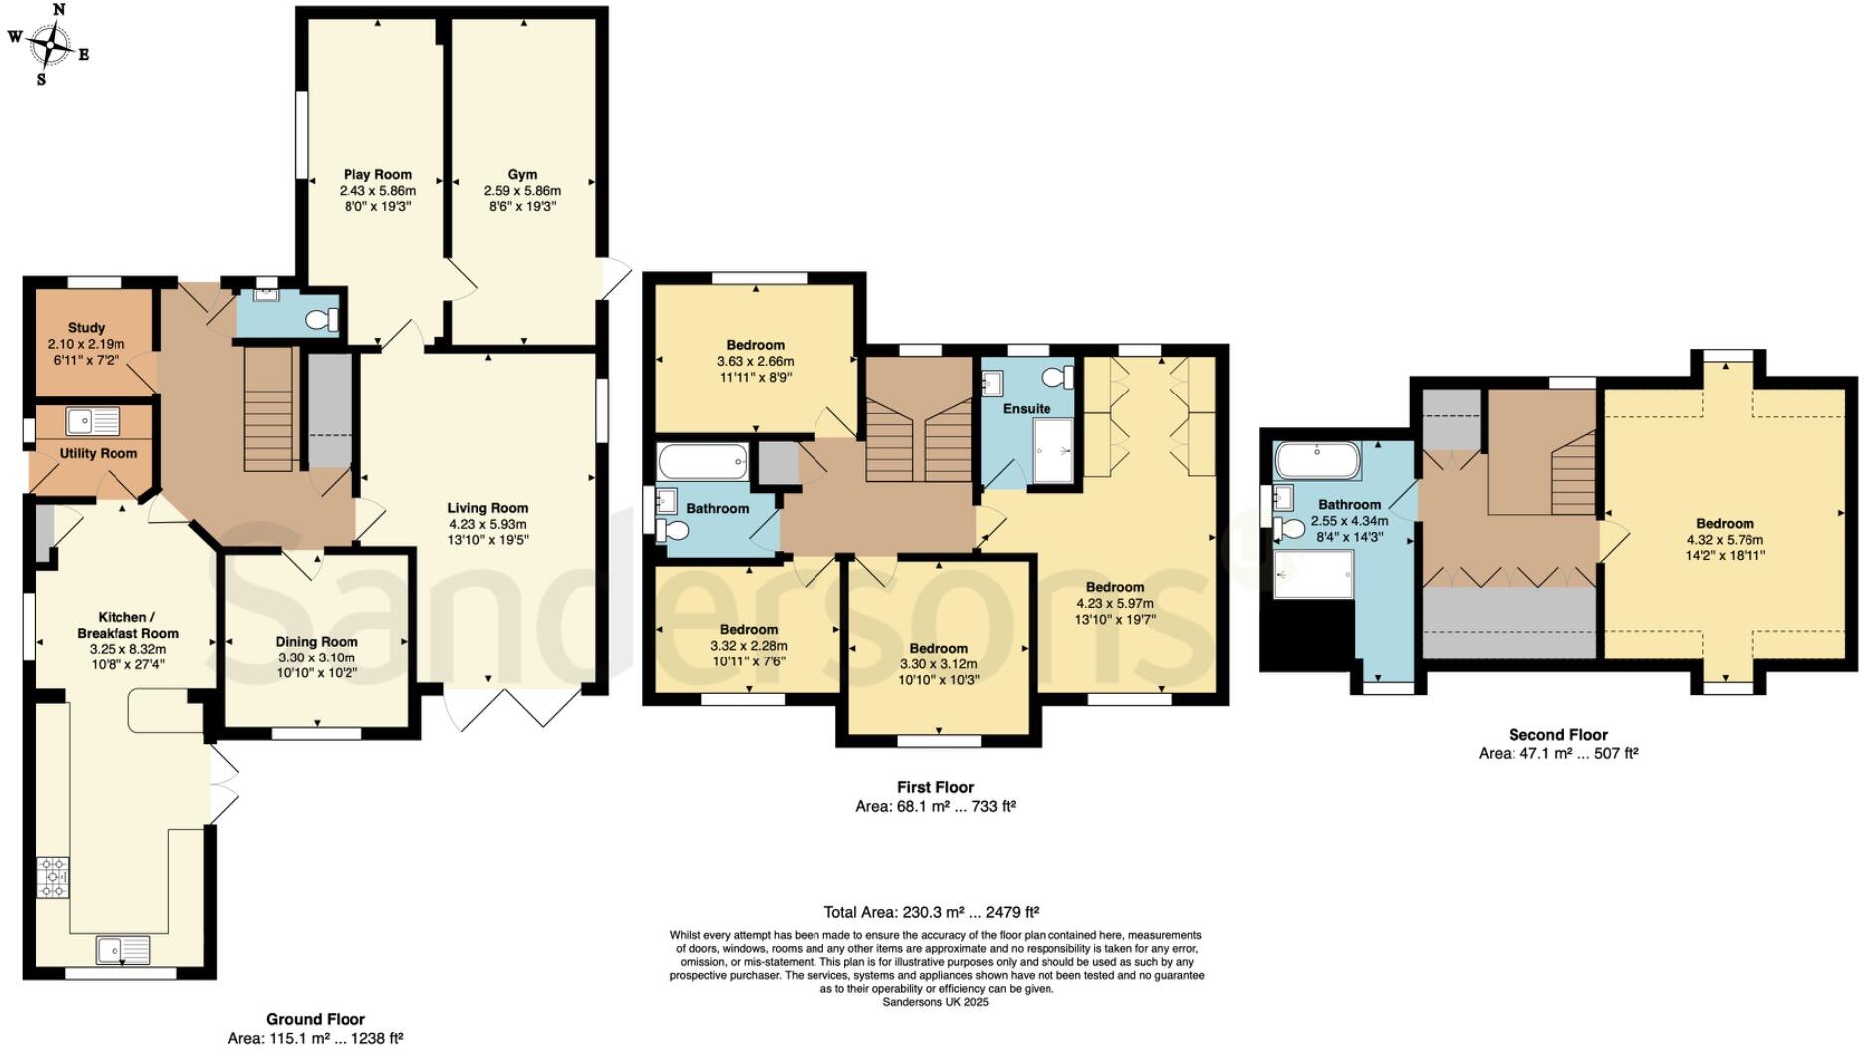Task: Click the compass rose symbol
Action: [49, 43]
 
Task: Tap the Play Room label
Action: [377, 174]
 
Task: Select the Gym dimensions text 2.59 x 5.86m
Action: [522, 190]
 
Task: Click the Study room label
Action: [86, 327]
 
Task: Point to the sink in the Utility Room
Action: [92, 421]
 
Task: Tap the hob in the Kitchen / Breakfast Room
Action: [53, 877]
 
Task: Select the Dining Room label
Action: [317, 642]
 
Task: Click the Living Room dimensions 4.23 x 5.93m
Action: [487, 524]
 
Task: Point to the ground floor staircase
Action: [267, 408]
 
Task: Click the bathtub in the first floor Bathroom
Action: [703, 462]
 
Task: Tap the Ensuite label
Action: [1027, 408]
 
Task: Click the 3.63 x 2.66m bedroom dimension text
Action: [755, 361]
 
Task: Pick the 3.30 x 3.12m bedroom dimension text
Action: [938, 663]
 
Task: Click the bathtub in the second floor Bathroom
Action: [1316, 461]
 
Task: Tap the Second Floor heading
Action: [1557, 735]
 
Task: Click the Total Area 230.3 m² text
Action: [931, 911]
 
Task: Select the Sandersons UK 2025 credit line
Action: [935, 1002]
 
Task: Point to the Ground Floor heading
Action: [315, 1019]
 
